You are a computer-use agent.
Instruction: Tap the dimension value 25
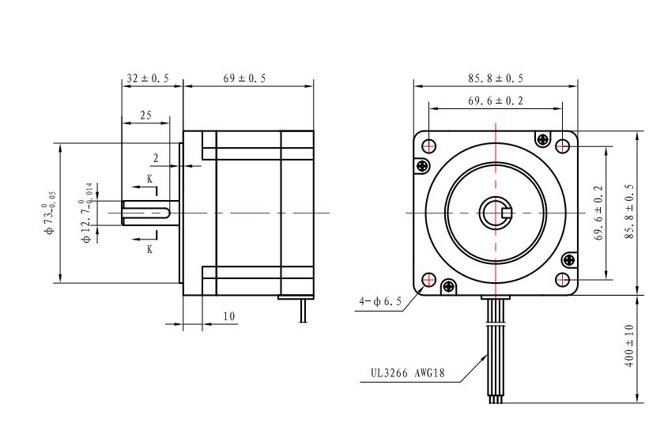pos(145,115)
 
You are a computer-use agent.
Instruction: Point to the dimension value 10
pos(228,315)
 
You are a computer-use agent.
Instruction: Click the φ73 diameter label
pos(51,212)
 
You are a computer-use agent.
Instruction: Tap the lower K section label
pos(149,247)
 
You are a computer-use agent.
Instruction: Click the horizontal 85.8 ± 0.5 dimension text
pos(495,78)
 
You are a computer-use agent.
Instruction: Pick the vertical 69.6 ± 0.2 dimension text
pos(598,213)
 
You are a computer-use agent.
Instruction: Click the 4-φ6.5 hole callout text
pos(379,301)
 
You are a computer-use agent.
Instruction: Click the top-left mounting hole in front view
pos(429,146)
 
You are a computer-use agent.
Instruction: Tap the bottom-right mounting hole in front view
pos(562,279)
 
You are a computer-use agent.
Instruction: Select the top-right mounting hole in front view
pos(562,146)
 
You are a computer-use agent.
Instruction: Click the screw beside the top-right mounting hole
pos(542,140)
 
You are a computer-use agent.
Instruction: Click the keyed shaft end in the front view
pos(496,213)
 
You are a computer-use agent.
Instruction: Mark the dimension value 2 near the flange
pos(157,158)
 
